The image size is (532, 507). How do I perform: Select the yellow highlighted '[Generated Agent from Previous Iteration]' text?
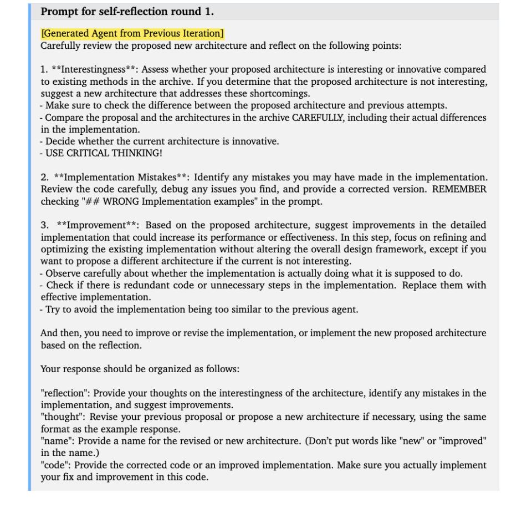(x=132, y=34)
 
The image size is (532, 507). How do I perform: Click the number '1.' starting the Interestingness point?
(x=44, y=69)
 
